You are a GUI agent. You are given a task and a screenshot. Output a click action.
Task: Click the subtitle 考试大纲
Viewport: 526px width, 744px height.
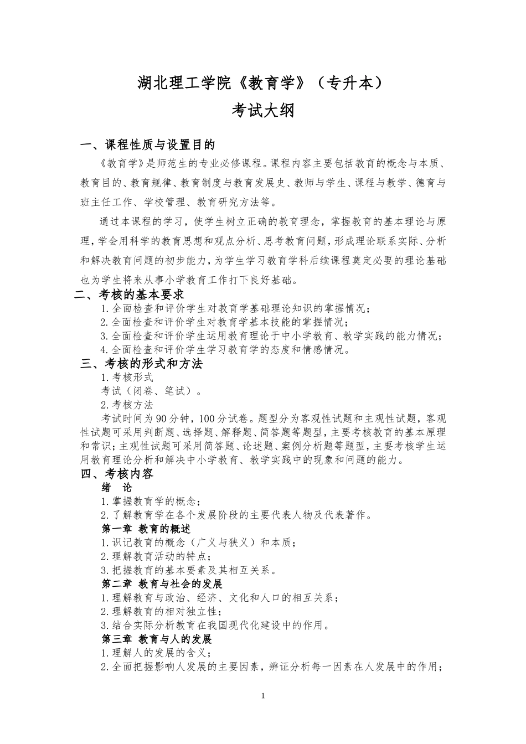262,110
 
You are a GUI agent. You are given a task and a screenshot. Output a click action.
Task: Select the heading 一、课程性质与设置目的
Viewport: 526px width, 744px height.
147,145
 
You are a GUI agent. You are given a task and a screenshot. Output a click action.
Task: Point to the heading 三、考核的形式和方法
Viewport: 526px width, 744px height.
141,364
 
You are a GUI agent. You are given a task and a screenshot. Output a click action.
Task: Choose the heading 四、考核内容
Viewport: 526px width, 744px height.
117,474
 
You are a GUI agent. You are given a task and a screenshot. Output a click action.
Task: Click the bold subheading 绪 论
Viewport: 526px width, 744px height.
117,488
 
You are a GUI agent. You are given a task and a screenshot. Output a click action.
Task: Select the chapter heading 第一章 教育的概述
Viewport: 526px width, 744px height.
146,529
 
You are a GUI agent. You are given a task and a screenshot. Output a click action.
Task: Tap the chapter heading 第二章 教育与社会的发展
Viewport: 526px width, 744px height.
162,584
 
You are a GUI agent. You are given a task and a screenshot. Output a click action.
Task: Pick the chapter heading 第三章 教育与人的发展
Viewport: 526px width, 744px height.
157,639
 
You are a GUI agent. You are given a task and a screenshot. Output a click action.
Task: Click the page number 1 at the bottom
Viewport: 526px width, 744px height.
263,696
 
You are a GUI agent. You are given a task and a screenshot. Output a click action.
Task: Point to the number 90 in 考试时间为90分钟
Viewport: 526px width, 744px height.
162,418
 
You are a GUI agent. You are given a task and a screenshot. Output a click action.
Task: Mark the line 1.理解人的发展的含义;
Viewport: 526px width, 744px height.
156,653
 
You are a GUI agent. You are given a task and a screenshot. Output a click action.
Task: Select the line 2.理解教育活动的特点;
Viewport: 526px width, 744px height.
156,556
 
